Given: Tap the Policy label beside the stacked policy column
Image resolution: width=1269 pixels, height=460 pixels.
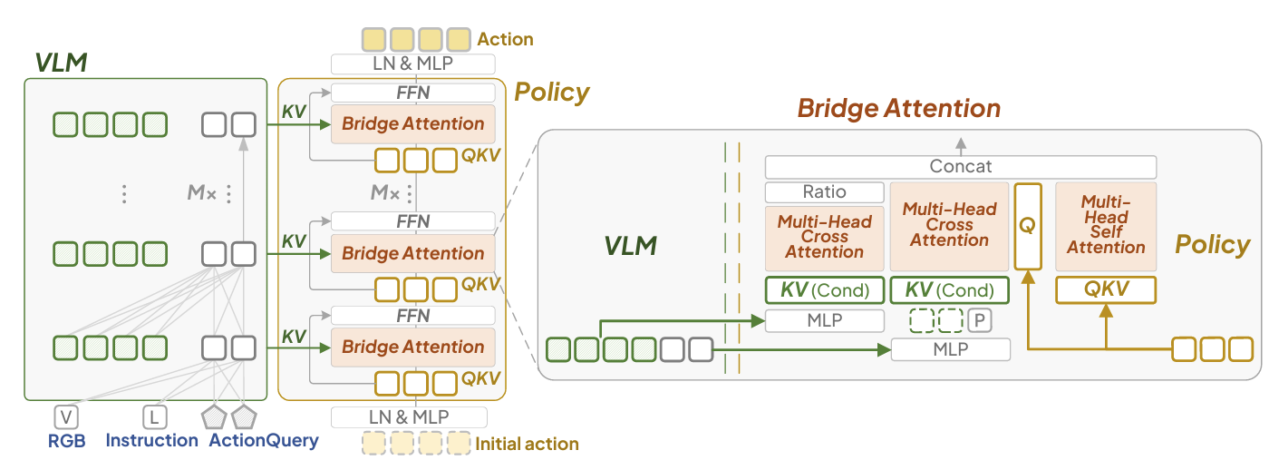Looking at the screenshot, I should (x=552, y=92).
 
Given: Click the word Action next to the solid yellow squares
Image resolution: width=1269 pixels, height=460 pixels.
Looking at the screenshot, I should (x=505, y=39).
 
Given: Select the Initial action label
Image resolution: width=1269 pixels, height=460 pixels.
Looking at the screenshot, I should (x=527, y=444).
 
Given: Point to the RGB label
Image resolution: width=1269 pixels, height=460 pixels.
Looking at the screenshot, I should (x=66, y=440).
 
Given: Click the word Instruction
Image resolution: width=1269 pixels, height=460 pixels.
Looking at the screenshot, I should (x=152, y=440).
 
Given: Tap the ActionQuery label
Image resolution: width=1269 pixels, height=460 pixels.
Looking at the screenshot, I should (x=264, y=440).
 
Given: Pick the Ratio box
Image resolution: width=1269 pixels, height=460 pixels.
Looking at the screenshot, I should (x=824, y=192).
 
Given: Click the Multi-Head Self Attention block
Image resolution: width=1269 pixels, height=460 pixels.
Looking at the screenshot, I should (x=1106, y=226).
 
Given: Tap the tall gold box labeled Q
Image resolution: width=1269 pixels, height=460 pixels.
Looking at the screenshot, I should (x=1027, y=225).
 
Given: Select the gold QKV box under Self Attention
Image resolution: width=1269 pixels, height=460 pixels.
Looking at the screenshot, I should (x=1106, y=290).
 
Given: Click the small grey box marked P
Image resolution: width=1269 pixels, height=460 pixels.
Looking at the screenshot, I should (x=979, y=320).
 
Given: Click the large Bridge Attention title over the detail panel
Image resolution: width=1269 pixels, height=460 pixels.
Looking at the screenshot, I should (x=898, y=109).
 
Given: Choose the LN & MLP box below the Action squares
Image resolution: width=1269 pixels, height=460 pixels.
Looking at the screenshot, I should (x=412, y=64).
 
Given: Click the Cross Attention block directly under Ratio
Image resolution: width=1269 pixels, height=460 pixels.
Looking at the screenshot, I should (x=824, y=237).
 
